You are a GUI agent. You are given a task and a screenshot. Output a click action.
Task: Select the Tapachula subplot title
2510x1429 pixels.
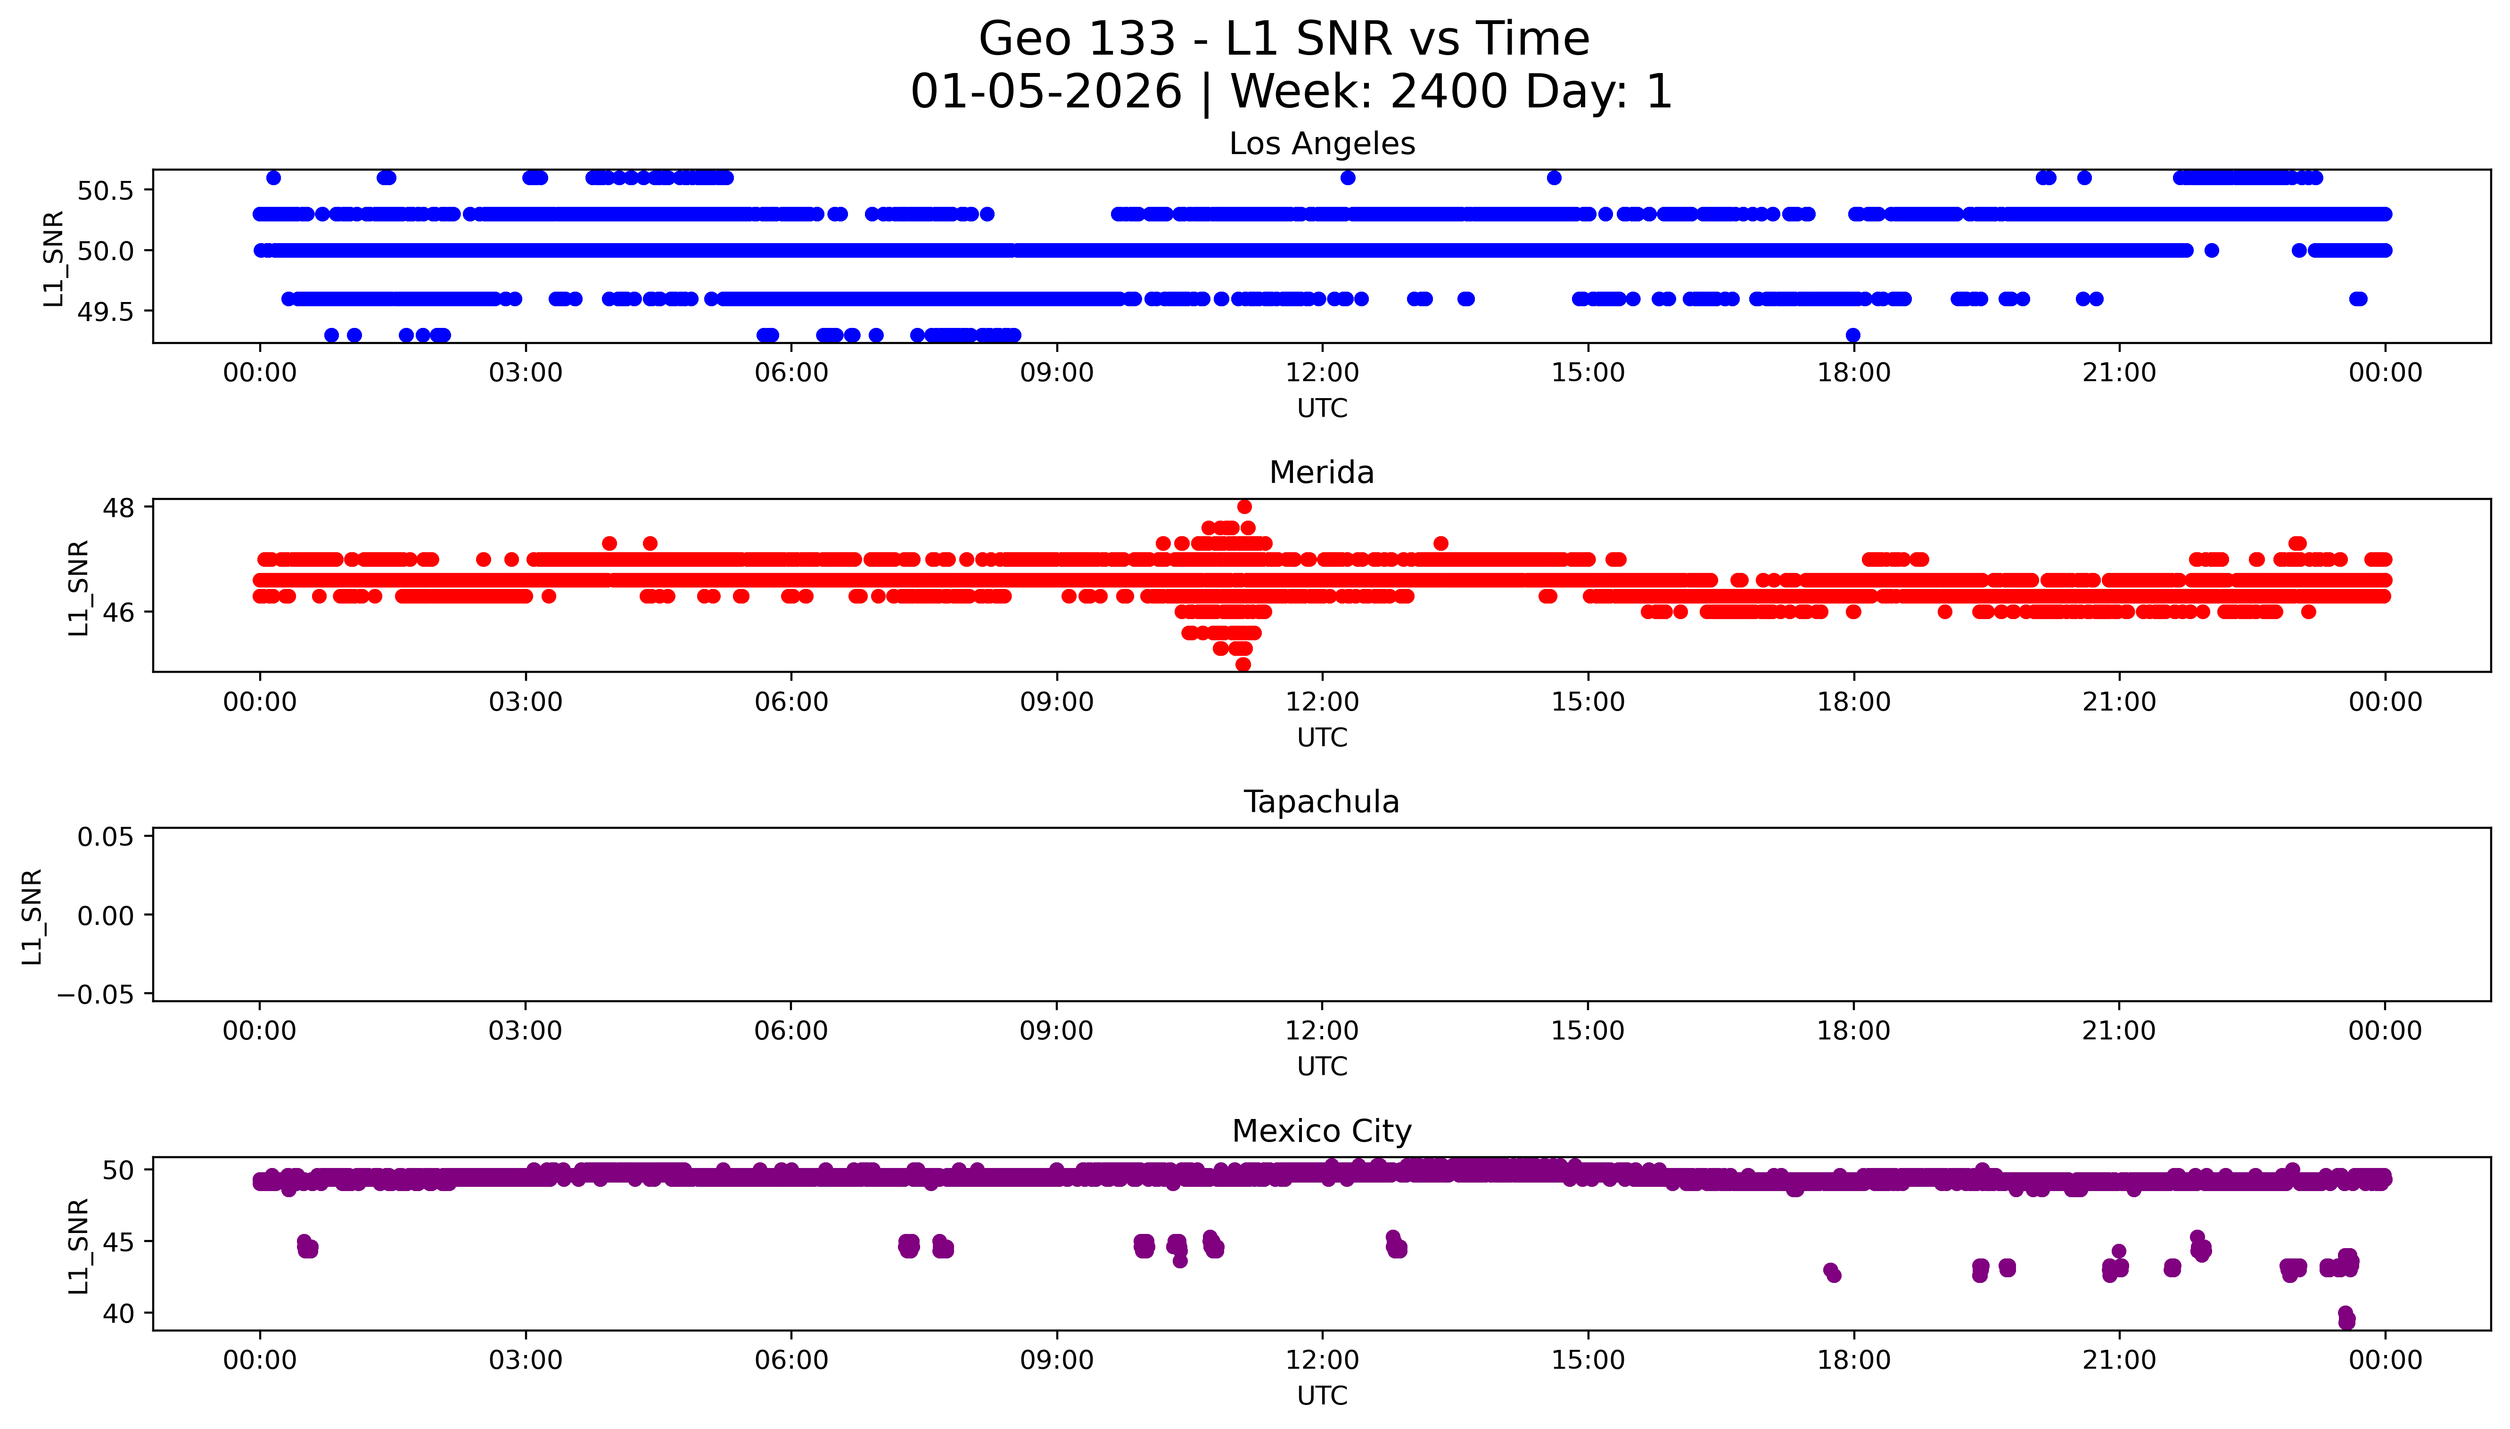coord(1321,802)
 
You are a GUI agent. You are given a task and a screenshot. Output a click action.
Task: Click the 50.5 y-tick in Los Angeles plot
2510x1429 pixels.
coord(105,190)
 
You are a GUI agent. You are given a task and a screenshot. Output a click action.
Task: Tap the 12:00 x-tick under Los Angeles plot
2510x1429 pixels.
coord(1321,373)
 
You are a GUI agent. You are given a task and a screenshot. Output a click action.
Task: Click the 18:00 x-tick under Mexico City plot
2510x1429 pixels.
coord(1853,1360)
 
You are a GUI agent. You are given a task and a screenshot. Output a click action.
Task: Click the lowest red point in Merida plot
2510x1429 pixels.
coord(1243,664)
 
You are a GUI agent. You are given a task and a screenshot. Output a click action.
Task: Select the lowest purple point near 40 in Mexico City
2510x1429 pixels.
coord(2347,1322)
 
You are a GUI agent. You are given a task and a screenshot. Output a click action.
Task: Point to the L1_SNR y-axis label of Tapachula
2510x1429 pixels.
coord(33,916)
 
